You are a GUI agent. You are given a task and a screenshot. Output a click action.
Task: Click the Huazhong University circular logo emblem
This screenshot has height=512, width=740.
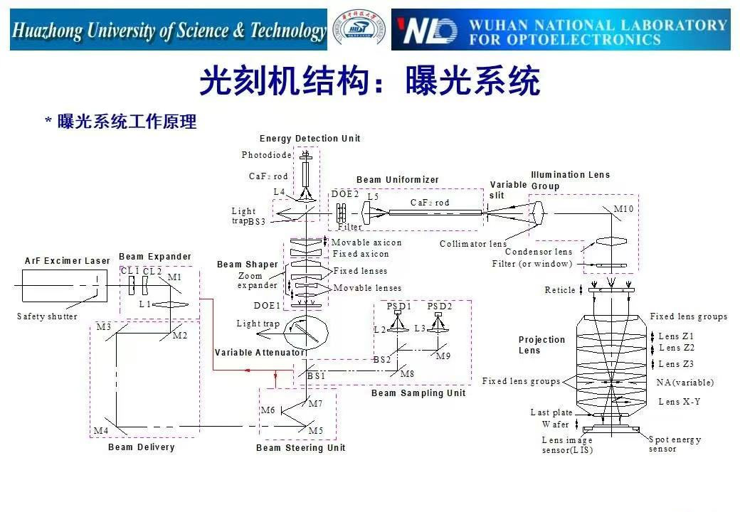(x=359, y=30)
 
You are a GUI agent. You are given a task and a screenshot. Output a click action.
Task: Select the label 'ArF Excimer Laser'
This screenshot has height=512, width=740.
(x=68, y=261)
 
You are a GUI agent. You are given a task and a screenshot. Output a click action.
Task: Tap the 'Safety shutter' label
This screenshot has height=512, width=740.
(x=47, y=316)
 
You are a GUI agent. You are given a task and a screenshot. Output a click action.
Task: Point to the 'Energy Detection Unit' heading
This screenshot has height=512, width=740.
(x=310, y=139)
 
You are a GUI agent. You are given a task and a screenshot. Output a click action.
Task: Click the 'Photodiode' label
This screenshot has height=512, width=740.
(x=266, y=155)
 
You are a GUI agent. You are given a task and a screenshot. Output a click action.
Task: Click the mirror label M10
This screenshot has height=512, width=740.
(x=623, y=208)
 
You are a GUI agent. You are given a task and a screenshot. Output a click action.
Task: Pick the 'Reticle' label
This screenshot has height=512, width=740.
(x=560, y=290)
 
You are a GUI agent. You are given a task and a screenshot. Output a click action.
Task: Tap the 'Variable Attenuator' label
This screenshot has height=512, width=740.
(x=260, y=353)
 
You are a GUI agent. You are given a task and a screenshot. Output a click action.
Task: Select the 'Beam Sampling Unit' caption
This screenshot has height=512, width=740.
(x=418, y=393)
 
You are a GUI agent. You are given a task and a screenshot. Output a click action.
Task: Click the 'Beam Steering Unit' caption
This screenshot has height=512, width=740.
(x=300, y=448)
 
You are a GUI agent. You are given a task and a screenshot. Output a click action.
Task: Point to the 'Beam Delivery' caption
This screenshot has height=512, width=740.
(x=141, y=447)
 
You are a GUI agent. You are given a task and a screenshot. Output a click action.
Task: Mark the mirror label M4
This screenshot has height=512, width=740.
(x=101, y=431)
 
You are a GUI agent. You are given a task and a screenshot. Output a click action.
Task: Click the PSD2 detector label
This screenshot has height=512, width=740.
(x=439, y=306)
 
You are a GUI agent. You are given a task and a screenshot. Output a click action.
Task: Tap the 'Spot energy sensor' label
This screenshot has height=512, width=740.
(x=675, y=444)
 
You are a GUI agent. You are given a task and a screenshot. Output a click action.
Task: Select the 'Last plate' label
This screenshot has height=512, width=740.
(x=551, y=412)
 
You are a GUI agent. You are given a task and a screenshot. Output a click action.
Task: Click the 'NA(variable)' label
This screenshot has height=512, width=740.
(x=684, y=383)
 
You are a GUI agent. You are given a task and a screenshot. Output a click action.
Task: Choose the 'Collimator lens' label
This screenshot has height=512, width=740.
(x=473, y=244)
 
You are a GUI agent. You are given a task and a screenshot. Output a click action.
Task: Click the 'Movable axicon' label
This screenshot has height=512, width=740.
(x=366, y=242)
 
